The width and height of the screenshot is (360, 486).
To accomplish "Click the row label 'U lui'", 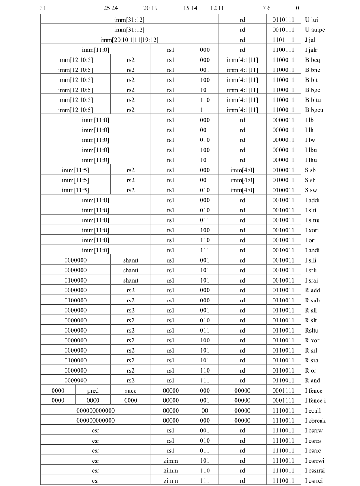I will pos(312,20).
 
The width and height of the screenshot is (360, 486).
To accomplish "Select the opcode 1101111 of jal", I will pos(283,40).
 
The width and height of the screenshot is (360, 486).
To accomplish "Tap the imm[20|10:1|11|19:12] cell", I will pos(129,40).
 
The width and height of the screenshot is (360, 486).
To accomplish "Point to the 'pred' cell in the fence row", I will pos(93,390).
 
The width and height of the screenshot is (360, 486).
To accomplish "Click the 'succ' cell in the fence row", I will pos(130,390).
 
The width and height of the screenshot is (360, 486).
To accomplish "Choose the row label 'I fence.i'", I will pos(315,401).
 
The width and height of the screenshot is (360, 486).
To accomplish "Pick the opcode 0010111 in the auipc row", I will pos(283,30).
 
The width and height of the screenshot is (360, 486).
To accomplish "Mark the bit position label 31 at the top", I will pos(43,8).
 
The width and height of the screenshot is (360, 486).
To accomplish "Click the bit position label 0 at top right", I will pos(297,8).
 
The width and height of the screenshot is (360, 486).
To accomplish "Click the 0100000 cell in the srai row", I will pos(76,280).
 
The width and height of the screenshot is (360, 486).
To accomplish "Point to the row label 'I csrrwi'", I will pos(315,461).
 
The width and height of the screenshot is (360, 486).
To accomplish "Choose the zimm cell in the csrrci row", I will pos(171,481).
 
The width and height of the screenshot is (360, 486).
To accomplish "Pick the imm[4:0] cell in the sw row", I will pos(242,190).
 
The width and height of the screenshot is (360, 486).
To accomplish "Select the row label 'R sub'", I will pos(312,300).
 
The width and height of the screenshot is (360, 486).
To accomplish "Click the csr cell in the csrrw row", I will pos(96,430).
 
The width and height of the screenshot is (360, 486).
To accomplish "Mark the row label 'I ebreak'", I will pos(315,421).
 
